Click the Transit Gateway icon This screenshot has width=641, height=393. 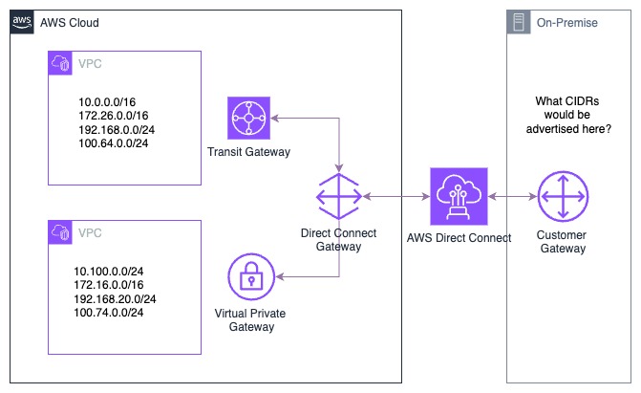251,119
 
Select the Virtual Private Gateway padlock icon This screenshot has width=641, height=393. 251,278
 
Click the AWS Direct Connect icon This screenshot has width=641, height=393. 459,197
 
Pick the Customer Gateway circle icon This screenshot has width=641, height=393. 562,197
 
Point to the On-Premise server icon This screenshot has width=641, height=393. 519,22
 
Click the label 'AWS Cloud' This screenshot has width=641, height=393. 70,22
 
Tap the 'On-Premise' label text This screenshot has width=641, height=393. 566,22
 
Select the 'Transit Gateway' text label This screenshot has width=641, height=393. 248,152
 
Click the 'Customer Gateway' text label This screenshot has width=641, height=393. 562,242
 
